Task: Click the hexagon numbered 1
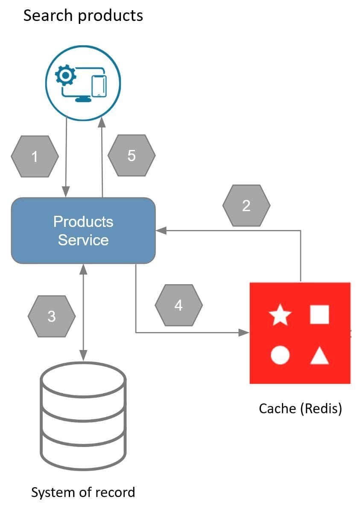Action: [x=35, y=156]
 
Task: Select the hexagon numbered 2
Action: [x=246, y=206]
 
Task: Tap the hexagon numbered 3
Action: [x=52, y=316]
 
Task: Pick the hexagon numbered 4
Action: [x=179, y=305]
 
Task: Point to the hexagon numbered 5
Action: [x=132, y=156]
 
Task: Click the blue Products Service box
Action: [x=83, y=230]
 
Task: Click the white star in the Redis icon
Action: [x=280, y=315]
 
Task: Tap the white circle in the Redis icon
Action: [x=280, y=355]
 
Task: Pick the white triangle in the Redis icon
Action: [x=319, y=356]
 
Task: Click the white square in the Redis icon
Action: [x=319, y=315]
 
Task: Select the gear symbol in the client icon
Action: [x=66, y=76]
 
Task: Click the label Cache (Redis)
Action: [x=300, y=409]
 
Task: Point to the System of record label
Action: [x=83, y=492]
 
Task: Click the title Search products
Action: [x=83, y=15]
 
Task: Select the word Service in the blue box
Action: [x=83, y=240]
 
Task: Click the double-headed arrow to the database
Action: [x=83, y=312]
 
